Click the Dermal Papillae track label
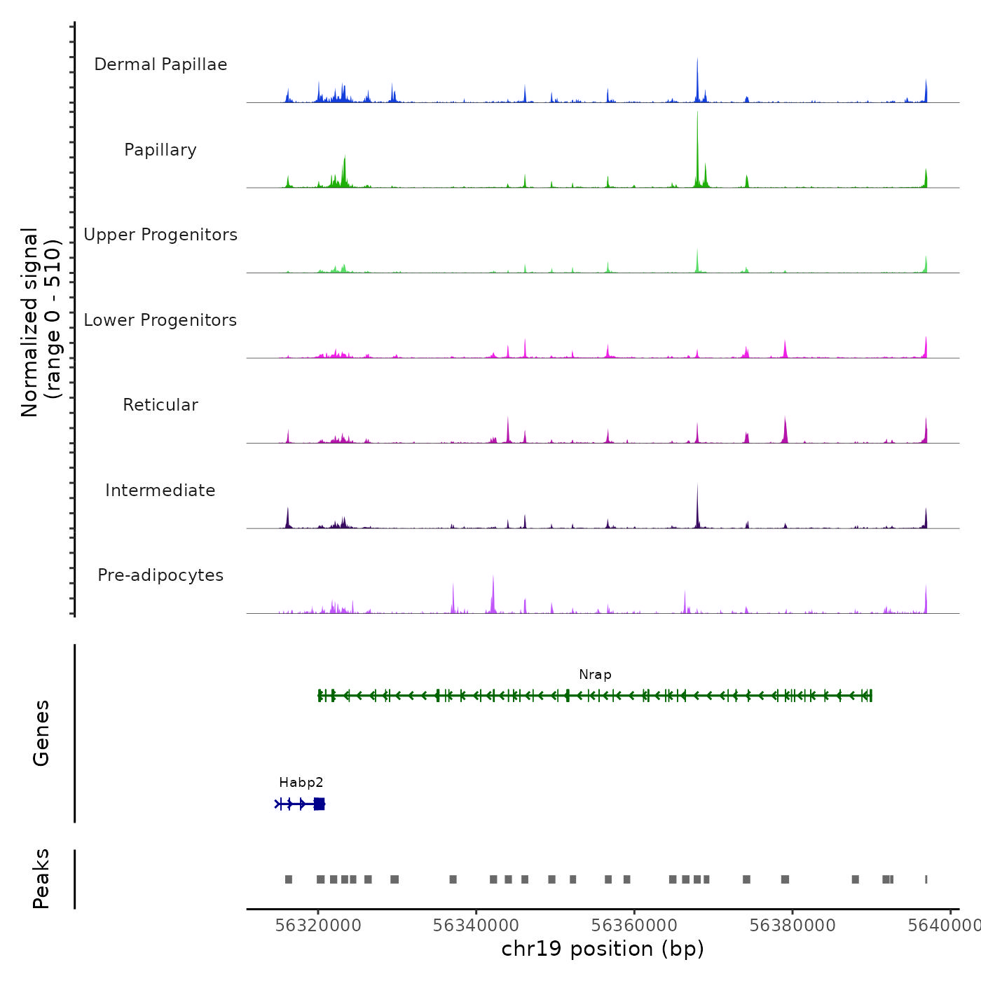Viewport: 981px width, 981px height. pyautogui.click(x=160, y=64)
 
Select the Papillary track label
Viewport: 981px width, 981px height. pyautogui.click(x=160, y=150)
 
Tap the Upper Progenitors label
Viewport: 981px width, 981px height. pyautogui.click(x=160, y=235)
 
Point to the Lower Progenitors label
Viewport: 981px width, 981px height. pyautogui.click(x=160, y=320)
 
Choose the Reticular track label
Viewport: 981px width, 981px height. pyautogui.click(x=160, y=405)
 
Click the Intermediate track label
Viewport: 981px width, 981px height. pyautogui.click(x=160, y=490)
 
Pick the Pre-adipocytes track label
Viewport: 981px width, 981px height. pyautogui.click(x=160, y=575)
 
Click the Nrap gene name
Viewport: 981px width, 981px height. pyautogui.click(x=595, y=675)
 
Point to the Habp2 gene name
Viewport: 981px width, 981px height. pyautogui.click(x=301, y=783)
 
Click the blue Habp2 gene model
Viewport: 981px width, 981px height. pyautogui.click(x=301, y=804)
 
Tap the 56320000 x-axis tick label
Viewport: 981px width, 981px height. pyautogui.click(x=318, y=926)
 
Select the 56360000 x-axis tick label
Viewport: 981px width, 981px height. pyautogui.click(x=634, y=926)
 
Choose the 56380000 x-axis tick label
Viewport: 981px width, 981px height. pyautogui.click(x=793, y=926)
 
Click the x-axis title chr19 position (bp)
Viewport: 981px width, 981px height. pyautogui.click(x=603, y=949)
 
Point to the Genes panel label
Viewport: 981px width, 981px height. pyautogui.click(x=41, y=733)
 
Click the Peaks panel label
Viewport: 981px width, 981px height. pyautogui.click(x=41, y=879)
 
